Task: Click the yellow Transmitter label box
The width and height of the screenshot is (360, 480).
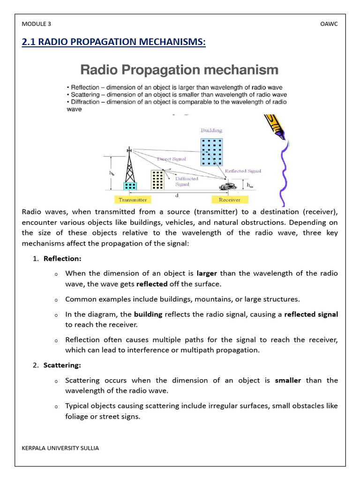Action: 133,200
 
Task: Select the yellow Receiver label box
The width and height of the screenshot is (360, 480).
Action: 229,200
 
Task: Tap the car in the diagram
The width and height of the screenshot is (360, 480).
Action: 228,186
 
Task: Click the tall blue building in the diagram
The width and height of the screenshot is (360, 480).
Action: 211,152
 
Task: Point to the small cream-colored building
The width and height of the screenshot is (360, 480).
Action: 157,180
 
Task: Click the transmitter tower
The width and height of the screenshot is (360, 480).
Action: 129,169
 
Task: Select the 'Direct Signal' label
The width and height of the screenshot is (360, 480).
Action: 171,159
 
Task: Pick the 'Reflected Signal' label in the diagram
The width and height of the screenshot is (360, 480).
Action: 243,171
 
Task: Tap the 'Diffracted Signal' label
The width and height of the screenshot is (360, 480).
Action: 187,181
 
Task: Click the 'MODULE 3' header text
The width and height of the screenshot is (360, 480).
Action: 36,24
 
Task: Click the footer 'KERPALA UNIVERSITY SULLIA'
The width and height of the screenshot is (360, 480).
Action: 60,448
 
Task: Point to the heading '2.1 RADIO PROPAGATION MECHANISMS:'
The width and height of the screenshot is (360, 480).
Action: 114,42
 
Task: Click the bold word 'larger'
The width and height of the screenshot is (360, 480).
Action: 207,273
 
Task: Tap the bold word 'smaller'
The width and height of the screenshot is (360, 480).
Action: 288,380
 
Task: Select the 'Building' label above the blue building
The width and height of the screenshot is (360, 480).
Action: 211,130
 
